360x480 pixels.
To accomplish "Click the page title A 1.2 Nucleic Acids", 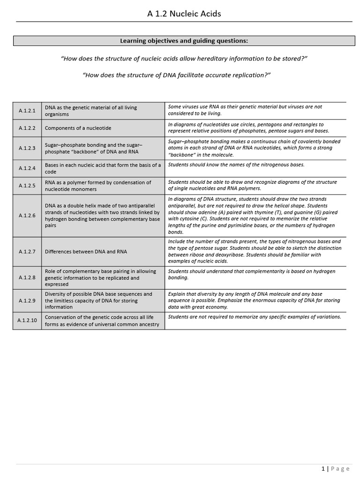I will click(184, 14).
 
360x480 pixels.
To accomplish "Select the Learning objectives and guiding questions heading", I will click(184, 41).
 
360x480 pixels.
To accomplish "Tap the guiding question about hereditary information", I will click(184, 58).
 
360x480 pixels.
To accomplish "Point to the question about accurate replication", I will click(177, 75).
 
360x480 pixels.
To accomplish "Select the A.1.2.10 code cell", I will click(27, 321).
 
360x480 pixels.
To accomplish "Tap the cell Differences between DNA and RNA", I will click(86, 252).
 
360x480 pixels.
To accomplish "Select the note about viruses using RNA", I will click(245, 110).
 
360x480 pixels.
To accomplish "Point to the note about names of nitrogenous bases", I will click(236, 165).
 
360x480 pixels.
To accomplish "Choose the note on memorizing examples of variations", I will click(254, 317).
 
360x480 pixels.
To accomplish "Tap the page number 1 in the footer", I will click(323, 469).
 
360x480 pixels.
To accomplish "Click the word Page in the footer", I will click(340, 469).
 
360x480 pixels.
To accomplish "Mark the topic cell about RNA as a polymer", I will click(97, 186).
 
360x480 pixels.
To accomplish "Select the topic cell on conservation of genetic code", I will click(102, 321).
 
